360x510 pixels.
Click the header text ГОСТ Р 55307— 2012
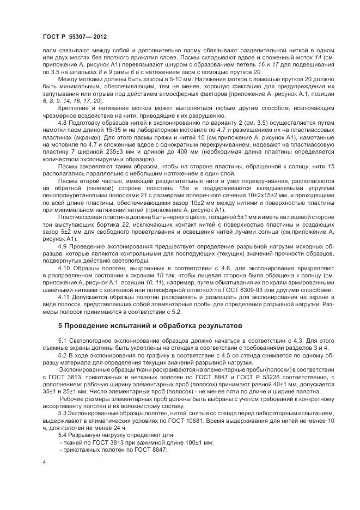(74, 37)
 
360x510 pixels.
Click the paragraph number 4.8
(63, 123)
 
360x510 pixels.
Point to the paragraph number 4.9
(63, 246)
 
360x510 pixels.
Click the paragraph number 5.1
(63, 341)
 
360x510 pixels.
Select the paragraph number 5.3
(63, 413)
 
